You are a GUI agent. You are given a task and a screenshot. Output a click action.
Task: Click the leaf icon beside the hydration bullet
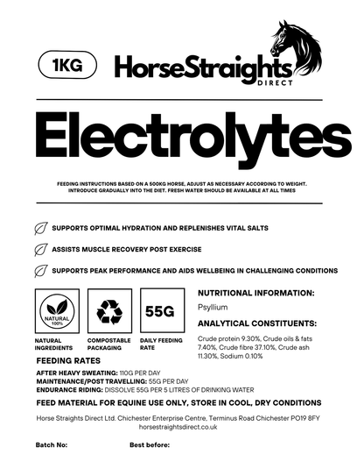pos(40,228)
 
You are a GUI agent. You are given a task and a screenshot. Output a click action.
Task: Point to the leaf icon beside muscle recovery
pos(40,249)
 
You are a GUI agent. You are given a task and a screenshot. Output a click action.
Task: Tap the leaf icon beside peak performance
pos(40,271)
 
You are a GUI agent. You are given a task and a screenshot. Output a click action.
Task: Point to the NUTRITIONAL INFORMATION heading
pos(256,293)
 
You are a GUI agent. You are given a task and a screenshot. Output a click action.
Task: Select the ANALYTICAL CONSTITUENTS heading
pos(257,322)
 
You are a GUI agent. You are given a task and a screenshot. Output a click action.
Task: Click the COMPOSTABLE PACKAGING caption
pos(109,344)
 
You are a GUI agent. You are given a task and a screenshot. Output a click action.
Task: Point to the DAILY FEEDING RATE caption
pos(162,344)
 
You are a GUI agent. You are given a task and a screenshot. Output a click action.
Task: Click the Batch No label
pos(51,444)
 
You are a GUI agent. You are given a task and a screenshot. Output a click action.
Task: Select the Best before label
pos(150,444)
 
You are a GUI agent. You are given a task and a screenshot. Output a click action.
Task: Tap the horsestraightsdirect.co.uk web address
pos(181,427)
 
